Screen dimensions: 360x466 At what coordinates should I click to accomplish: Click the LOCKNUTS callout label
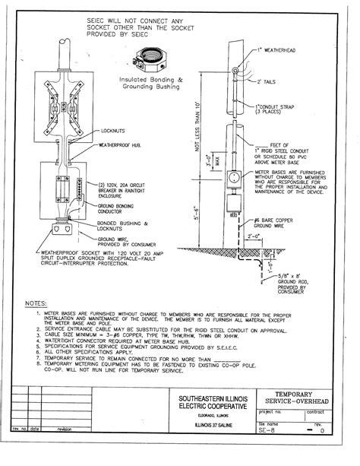point(115,131)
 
